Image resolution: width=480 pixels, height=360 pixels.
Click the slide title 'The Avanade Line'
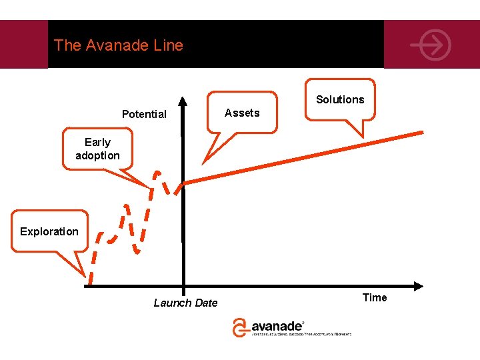[118, 45]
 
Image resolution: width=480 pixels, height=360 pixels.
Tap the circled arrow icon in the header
[431, 46]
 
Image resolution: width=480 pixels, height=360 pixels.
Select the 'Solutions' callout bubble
[340, 99]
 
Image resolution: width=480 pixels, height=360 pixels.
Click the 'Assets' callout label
[242, 113]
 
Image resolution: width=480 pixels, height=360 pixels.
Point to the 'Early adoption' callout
[97, 149]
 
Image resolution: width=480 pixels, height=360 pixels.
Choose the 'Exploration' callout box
[49, 231]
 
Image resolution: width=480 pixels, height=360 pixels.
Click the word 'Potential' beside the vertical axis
[144, 114]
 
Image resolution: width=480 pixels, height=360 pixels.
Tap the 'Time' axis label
[374, 297]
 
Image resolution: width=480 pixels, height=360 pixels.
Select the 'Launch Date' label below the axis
[185, 303]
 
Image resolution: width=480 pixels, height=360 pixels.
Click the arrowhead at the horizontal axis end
[418, 286]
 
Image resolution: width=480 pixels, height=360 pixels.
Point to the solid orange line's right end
[421, 133]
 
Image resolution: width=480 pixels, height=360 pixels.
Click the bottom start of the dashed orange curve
[90, 283]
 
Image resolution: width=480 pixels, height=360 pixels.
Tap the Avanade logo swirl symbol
[240, 327]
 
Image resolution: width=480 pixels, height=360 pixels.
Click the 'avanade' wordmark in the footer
[277, 327]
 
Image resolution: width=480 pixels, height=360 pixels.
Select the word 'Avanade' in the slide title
[122, 45]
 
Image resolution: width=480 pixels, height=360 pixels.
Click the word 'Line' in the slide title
[169, 45]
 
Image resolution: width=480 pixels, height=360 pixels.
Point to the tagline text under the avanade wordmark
[301, 335]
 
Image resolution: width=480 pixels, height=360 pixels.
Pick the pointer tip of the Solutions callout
[363, 137]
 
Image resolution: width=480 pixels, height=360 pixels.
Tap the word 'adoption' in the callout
[97, 155]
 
